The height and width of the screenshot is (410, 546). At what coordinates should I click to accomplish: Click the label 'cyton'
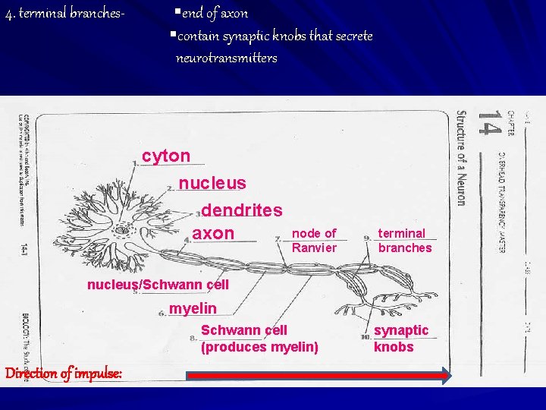click(166, 156)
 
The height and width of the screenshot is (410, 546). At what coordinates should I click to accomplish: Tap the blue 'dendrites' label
click(242, 210)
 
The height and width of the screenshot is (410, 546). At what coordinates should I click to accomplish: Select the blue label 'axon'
click(213, 232)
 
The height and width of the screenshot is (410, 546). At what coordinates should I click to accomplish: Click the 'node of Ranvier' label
click(314, 240)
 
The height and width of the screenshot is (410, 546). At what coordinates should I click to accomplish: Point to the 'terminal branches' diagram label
click(404, 240)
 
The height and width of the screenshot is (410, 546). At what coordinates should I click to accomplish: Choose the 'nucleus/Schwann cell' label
click(158, 285)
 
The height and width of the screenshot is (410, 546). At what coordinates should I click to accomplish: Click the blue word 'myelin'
click(193, 308)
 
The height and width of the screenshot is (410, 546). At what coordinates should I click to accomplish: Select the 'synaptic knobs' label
click(400, 338)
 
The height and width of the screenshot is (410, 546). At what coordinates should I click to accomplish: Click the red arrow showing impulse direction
click(318, 374)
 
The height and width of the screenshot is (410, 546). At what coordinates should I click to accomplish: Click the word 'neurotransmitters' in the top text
click(226, 58)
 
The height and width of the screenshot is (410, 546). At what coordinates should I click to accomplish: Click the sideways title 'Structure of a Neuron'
click(461, 158)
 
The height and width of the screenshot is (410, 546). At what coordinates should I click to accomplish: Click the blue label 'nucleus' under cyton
click(212, 183)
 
